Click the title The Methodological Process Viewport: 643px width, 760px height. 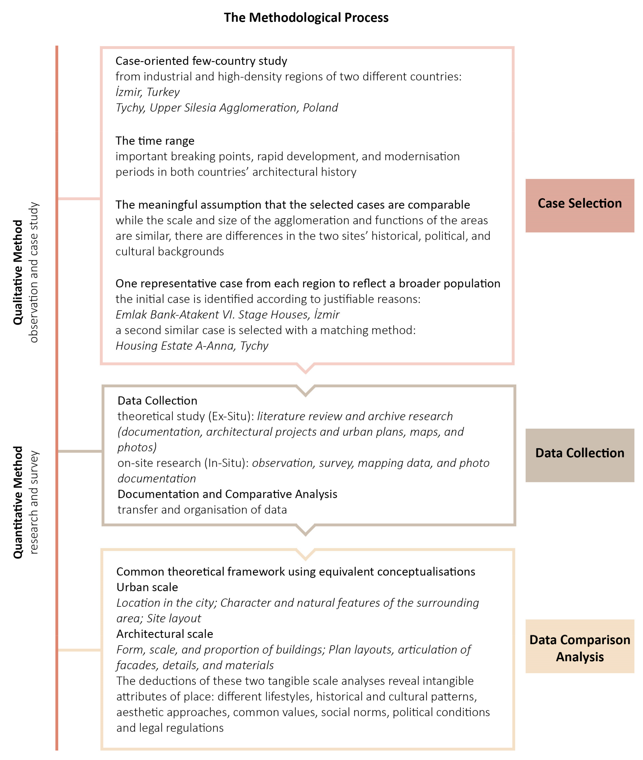click(306, 18)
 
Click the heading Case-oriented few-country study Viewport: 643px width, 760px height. click(201, 61)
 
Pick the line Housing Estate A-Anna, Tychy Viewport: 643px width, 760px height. click(192, 346)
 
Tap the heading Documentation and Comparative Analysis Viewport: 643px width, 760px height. click(227, 494)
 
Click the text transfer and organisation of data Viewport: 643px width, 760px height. click(202, 510)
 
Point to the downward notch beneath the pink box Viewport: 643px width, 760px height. click(305, 368)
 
